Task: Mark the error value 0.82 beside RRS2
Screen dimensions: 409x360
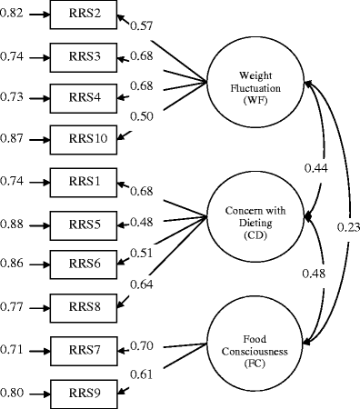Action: pos(12,17)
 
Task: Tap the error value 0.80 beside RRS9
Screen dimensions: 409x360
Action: pos(12,394)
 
